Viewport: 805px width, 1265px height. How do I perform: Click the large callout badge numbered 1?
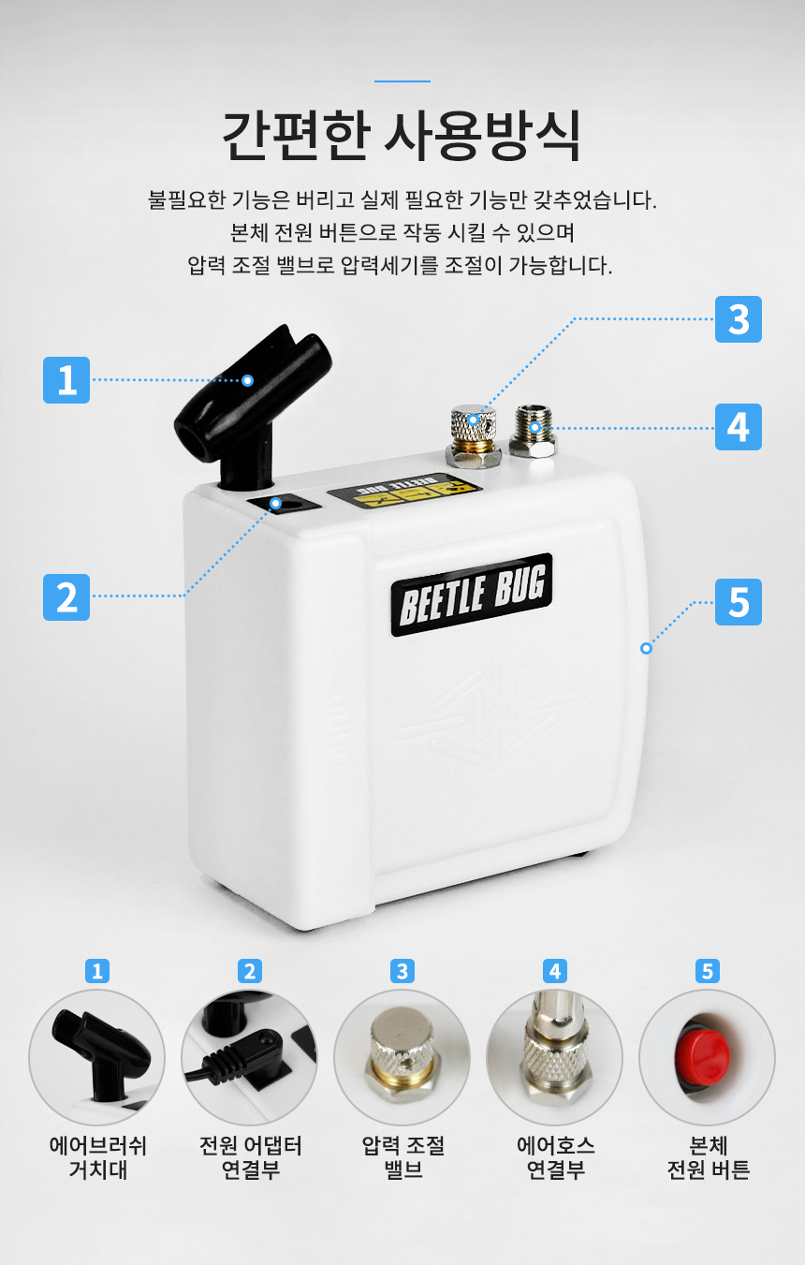click(66, 380)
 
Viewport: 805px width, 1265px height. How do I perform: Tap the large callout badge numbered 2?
click(66, 597)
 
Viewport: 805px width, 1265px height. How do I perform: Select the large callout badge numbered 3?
click(738, 319)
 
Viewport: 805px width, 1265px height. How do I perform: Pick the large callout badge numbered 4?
click(738, 427)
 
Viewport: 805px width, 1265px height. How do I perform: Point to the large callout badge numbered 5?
click(738, 602)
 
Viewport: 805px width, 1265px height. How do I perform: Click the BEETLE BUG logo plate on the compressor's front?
click(472, 595)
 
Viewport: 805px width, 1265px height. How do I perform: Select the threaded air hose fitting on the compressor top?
click(534, 431)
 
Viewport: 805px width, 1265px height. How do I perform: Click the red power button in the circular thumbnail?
click(703, 1055)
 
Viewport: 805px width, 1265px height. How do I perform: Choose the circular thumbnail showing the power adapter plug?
click(250, 1057)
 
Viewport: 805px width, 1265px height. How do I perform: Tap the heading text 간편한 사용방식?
click(402, 136)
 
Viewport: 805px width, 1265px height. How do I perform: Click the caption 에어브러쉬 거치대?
click(97, 1157)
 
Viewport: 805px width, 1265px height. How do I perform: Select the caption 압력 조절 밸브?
click(402, 1157)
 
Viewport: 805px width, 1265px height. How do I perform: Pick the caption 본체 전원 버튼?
click(708, 1157)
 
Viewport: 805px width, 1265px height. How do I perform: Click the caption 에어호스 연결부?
click(555, 1157)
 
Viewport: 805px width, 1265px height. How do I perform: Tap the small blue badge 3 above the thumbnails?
click(402, 971)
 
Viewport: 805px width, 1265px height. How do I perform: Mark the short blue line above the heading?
click(402, 81)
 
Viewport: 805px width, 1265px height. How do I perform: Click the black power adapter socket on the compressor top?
click(285, 503)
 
